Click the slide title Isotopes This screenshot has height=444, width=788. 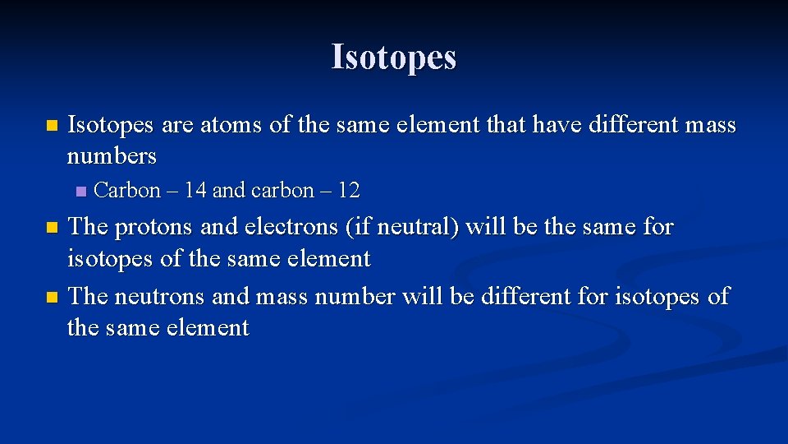[x=393, y=58]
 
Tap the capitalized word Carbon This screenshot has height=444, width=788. [x=127, y=191]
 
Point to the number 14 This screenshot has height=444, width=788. [x=195, y=191]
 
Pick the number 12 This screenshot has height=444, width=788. [x=348, y=191]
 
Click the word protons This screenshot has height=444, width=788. [x=152, y=227]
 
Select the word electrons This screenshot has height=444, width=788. [x=289, y=227]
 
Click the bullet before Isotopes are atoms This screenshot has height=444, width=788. [x=52, y=127]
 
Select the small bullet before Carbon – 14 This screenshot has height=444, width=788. [x=80, y=192]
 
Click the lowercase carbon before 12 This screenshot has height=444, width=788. [x=282, y=191]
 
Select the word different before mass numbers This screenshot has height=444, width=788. [x=632, y=126]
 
